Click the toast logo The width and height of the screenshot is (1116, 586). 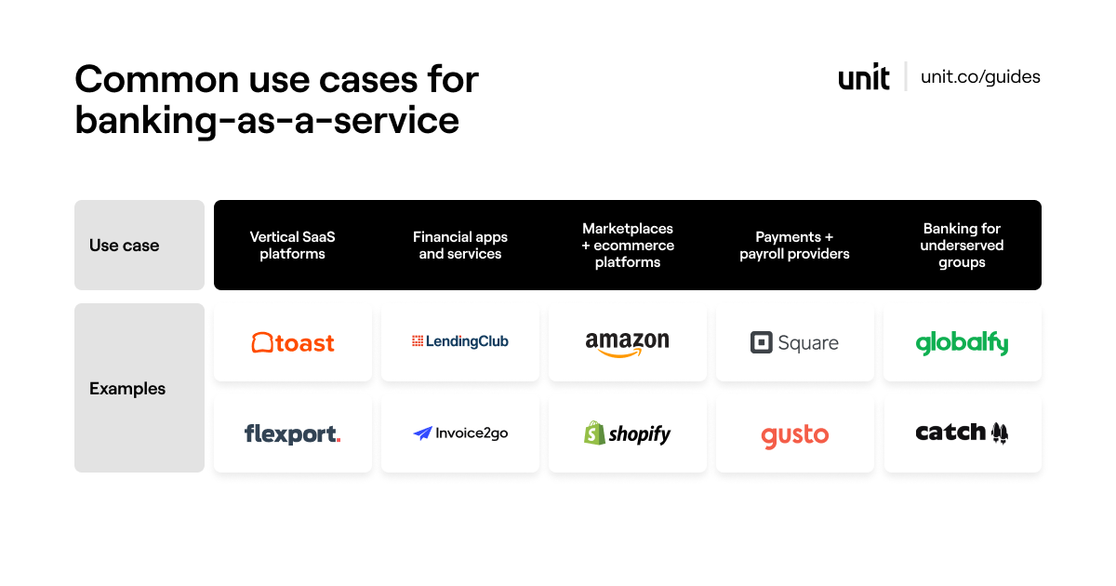tap(293, 343)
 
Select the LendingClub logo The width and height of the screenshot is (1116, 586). tap(460, 341)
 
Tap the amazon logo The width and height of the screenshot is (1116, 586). tap(628, 343)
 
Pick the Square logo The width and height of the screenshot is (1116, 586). tap(794, 343)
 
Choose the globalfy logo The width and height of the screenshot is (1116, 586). tap(962, 343)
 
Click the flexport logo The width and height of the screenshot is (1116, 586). tap(293, 433)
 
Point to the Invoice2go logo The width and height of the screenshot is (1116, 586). tap(460, 433)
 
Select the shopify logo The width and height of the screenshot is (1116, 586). tap(628, 433)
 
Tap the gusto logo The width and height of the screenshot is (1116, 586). tap(794, 435)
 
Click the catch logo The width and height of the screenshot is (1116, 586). tap(962, 433)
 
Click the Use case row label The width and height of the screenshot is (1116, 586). tap(125, 246)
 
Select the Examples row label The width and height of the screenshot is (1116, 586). tap(127, 389)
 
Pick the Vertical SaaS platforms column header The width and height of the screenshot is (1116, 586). tap(293, 246)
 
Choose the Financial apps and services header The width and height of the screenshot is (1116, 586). tap(460, 246)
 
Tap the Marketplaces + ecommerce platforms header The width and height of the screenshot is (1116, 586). tap(628, 246)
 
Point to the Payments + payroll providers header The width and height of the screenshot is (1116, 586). tap(794, 246)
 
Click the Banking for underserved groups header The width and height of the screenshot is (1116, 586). tap(962, 246)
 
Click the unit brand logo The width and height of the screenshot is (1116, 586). tap(864, 77)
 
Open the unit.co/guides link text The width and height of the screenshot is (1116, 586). tap(980, 77)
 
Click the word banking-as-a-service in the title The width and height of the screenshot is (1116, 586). tap(267, 121)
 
